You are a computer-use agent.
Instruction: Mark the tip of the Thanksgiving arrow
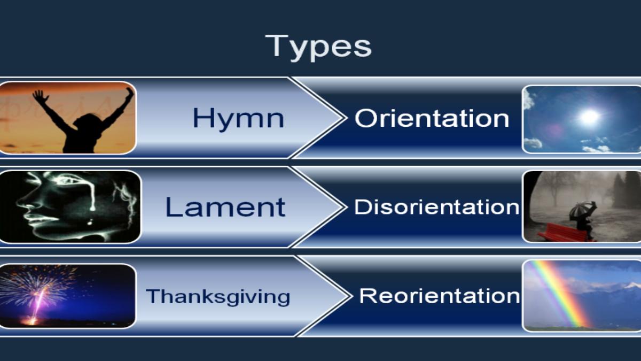(x=349, y=296)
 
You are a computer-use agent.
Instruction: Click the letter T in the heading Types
(x=277, y=45)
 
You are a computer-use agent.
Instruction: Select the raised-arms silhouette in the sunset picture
(x=83, y=120)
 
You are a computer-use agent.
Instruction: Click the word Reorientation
(x=440, y=296)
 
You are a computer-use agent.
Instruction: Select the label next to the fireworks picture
(x=218, y=296)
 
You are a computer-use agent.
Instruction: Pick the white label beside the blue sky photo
(x=432, y=118)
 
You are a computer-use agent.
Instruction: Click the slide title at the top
(x=318, y=47)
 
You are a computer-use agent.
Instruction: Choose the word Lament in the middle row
(x=225, y=207)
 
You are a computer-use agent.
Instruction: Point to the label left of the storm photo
(x=437, y=207)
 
